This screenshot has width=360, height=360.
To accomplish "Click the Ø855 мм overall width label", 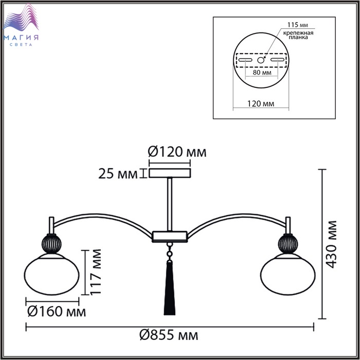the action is click(x=169, y=335).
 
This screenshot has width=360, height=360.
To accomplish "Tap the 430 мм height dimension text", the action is click(x=331, y=244).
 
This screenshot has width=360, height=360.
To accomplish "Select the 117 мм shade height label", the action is click(x=95, y=272).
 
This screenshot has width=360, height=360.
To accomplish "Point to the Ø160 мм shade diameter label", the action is click(x=57, y=312).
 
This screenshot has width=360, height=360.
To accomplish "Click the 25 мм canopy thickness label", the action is click(x=118, y=174).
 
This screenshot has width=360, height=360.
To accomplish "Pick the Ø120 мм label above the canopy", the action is click(x=177, y=152).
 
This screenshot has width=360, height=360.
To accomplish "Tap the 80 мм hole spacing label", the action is click(x=262, y=73).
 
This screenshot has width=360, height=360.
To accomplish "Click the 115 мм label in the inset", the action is click(x=298, y=25).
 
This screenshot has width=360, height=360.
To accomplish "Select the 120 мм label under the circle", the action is click(x=261, y=103).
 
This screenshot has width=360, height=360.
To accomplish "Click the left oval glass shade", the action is click(x=52, y=274).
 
